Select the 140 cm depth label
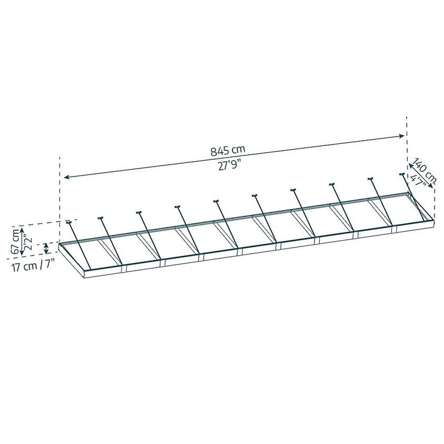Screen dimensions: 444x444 (424, 170)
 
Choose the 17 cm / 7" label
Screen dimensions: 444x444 (33, 267)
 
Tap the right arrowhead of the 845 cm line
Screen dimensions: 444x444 (401, 136)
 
